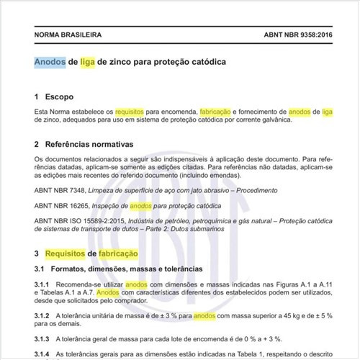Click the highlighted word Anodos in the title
pos(50,62)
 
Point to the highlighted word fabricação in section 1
pos(215,112)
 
